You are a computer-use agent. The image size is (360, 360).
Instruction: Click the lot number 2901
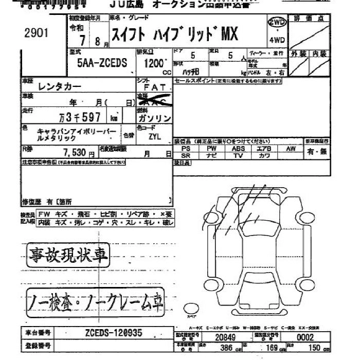pyautogui.click(x=36, y=33)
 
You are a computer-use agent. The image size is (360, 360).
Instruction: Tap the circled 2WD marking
pyautogui.click(x=278, y=22)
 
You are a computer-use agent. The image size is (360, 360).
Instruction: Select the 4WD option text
pyautogui.click(x=278, y=40)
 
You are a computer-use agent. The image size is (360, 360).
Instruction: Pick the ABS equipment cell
pyautogui.click(x=238, y=148)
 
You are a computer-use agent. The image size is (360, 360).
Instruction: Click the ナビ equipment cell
pyautogui.click(x=211, y=155)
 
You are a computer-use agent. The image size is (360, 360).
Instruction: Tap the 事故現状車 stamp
pyautogui.click(x=62, y=255)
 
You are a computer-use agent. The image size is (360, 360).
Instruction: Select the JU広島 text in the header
pyautogui.click(x=128, y=5)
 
